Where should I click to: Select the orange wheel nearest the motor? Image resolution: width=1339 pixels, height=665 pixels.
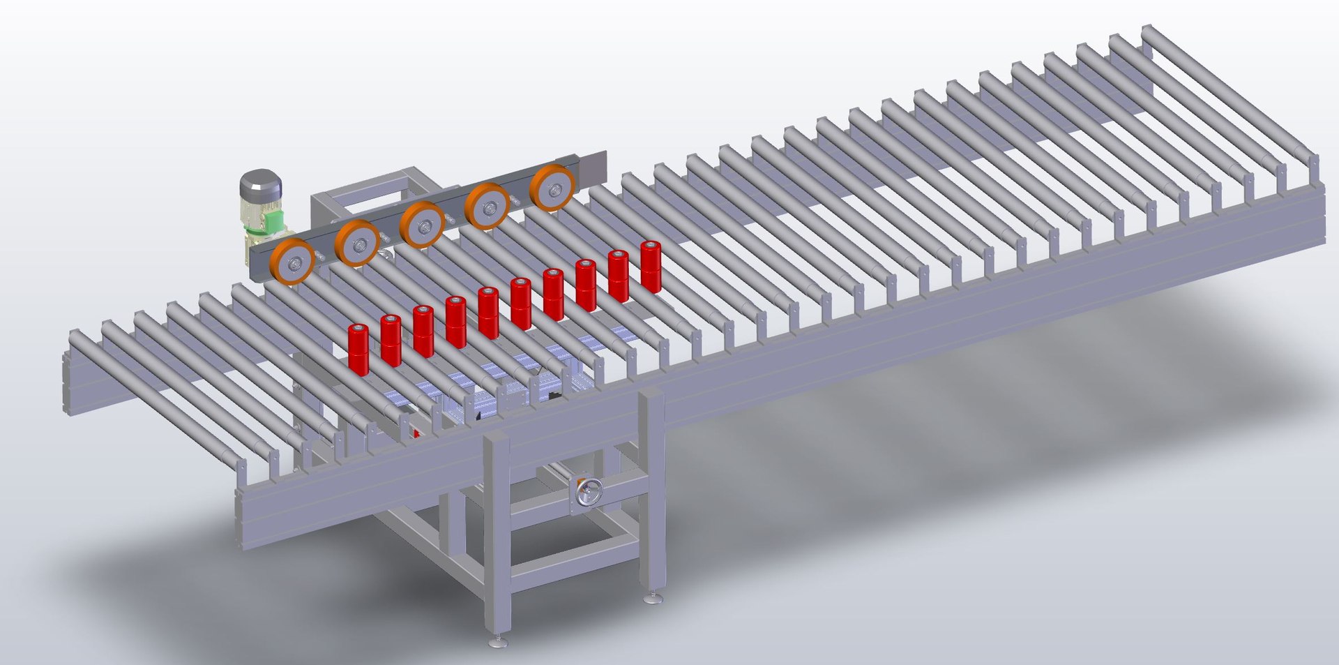point(292,262)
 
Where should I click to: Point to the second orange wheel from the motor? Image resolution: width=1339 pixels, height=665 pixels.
point(357,243)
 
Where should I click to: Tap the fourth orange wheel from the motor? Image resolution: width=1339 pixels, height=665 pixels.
point(488,206)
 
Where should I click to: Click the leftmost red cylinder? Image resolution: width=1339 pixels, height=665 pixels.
point(358,349)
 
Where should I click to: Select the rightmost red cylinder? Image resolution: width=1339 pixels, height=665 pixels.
point(651,267)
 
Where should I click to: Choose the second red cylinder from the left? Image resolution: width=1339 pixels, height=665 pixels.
point(391,340)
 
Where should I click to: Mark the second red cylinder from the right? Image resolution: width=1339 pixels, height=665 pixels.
point(619,276)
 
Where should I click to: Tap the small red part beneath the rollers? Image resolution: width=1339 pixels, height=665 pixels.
point(417,433)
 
